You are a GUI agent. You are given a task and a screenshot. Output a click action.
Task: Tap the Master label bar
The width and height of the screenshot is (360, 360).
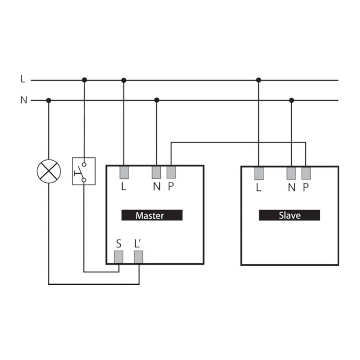coord(152,215)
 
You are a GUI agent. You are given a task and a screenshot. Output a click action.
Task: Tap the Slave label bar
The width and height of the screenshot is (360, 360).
coord(289,215)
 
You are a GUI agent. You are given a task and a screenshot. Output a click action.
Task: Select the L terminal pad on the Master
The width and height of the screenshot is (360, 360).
coord(124,172)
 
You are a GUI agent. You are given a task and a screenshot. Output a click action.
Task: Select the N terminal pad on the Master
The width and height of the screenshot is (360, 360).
coord(156,172)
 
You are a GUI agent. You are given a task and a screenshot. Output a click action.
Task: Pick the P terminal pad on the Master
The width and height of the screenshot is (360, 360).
coord(171,172)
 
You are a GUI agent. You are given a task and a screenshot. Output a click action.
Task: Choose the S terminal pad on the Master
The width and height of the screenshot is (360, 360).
coord(119,257)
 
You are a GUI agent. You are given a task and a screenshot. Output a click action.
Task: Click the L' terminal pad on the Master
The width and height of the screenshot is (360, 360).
coord(139,257)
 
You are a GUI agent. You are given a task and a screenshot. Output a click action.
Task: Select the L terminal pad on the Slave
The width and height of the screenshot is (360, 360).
coord(259,173)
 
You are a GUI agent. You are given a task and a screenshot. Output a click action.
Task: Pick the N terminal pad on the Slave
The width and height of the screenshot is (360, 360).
coord(291,173)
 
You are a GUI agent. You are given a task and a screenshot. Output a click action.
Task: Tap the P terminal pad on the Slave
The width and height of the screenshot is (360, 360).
coord(306,173)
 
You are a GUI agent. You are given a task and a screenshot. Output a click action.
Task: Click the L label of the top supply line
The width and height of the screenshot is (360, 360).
coord(23,79)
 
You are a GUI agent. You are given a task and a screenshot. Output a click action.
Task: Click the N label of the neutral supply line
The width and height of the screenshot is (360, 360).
coord(24,100)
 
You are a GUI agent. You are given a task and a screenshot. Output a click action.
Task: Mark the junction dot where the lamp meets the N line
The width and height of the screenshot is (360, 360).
coord(49,100)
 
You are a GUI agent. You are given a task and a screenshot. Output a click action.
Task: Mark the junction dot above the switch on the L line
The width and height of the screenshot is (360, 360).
coord(84,80)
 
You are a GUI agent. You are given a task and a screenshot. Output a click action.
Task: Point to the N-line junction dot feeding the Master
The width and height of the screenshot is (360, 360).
coord(157,100)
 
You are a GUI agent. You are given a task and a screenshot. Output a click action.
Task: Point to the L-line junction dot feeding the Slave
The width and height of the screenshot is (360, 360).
coord(259,80)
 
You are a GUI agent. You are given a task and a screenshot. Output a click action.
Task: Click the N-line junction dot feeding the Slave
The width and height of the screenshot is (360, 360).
coord(292,100)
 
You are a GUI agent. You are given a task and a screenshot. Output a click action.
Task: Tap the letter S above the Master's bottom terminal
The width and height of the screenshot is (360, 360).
coord(119,243)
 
